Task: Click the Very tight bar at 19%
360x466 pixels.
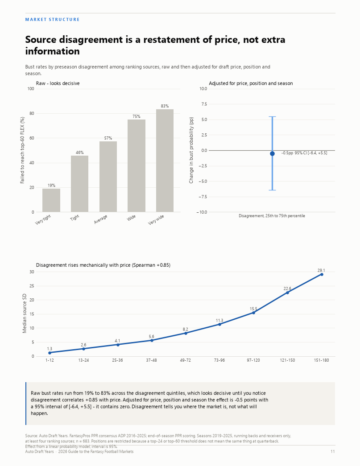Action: coord(51,200)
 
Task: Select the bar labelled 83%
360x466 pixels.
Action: coord(165,161)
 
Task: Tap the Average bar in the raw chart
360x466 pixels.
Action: coord(108,177)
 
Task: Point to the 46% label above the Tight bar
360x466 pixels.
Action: coord(80,153)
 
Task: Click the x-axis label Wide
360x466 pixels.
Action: coord(131,218)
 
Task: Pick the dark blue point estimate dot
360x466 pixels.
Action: coord(272,154)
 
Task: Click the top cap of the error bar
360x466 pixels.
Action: coord(272,117)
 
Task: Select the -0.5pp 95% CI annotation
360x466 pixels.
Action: coord(304,153)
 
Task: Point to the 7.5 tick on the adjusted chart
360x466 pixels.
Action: coord(203,104)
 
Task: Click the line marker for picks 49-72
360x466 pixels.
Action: coord(186,333)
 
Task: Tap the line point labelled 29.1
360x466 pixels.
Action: coord(322,274)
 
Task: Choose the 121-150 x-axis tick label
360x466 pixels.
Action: coord(287,360)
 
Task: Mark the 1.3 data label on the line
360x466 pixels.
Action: coord(50,349)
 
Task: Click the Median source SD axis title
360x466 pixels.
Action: coord(25,313)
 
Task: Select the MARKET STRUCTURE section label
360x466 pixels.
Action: coord(52,20)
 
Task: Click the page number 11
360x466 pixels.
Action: coord(333,451)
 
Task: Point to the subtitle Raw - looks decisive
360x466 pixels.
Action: coord(58,83)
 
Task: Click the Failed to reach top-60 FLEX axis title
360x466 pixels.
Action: coord(22,150)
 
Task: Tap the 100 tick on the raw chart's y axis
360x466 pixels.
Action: coord(31,89)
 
